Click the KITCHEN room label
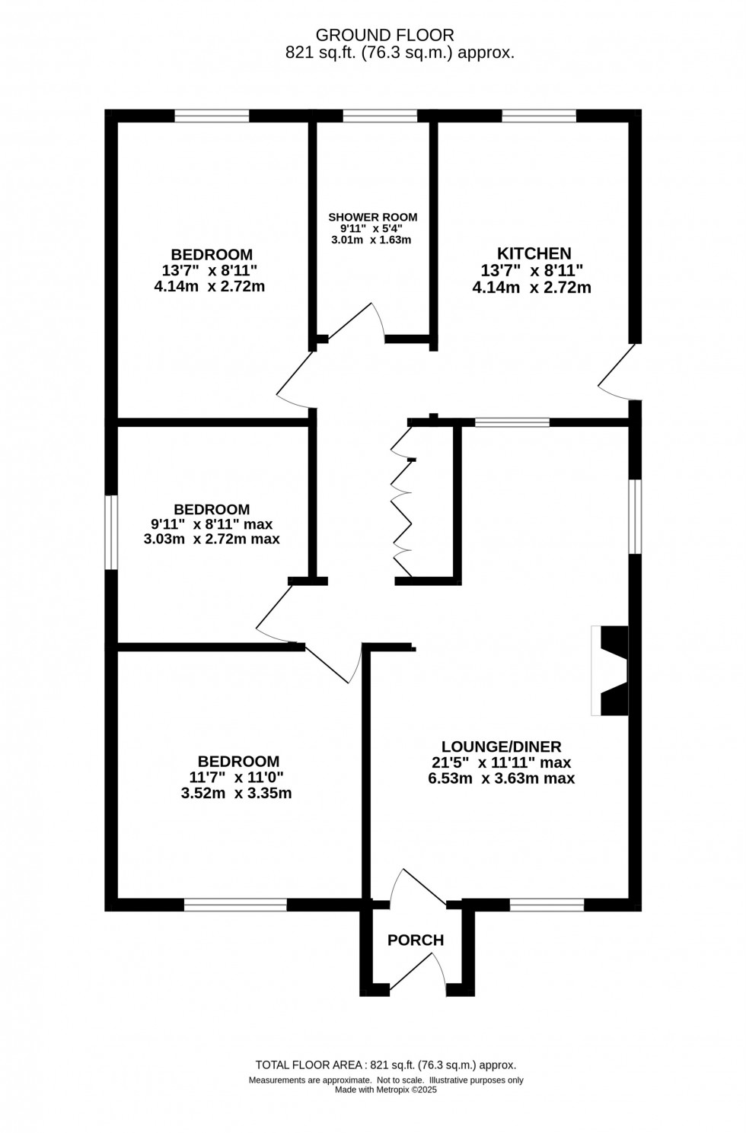click(x=534, y=253)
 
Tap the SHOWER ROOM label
click(x=373, y=218)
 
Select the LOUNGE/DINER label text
click(x=502, y=746)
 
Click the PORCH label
click(x=416, y=940)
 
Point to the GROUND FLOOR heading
click(x=384, y=35)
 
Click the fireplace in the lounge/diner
click(x=611, y=671)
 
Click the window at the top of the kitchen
click(x=538, y=116)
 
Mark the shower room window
click(x=380, y=116)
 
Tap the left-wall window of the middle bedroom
click(x=111, y=532)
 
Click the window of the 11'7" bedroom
click(x=235, y=905)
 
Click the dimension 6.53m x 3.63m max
click(x=502, y=778)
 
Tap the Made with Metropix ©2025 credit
click(x=386, y=1090)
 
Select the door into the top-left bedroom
click(x=295, y=379)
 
